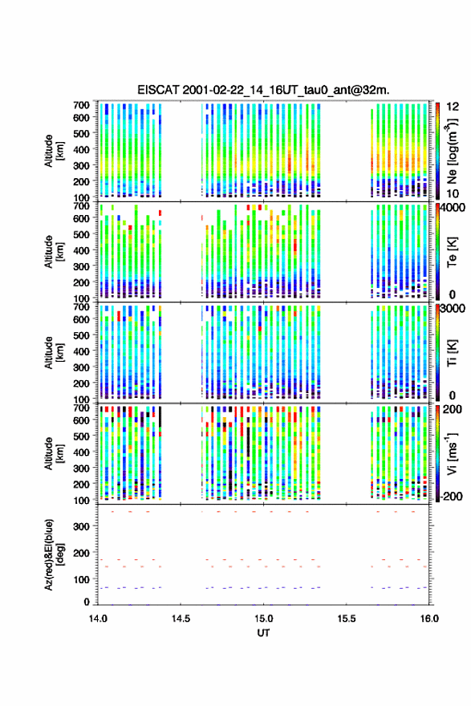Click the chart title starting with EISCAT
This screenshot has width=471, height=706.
(263, 90)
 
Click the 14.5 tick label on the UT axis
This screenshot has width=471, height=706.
(181, 619)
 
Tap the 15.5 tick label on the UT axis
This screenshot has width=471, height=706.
(347, 619)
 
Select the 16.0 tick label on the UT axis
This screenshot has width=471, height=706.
(429, 619)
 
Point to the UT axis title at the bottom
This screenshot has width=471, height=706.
(263, 633)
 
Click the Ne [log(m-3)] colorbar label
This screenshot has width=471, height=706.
(452, 151)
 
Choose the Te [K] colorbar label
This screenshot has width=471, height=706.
(452, 252)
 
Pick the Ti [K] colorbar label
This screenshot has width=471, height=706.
(452, 353)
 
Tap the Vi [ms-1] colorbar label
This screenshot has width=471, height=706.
(452, 454)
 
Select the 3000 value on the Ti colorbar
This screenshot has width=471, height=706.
(452, 308)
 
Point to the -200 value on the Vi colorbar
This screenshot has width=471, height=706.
(451, 496)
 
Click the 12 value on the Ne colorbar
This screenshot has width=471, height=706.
(452, 106)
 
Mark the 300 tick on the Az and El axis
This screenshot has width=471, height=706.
(81, 526)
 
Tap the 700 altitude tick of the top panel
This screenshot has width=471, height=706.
(81, 105)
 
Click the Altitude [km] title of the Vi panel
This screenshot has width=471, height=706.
(53, 454)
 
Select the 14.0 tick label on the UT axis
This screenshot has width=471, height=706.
(98, 619)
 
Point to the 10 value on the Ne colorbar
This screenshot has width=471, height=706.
(452, 193)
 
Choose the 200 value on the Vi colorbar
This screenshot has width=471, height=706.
(452, 409)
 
